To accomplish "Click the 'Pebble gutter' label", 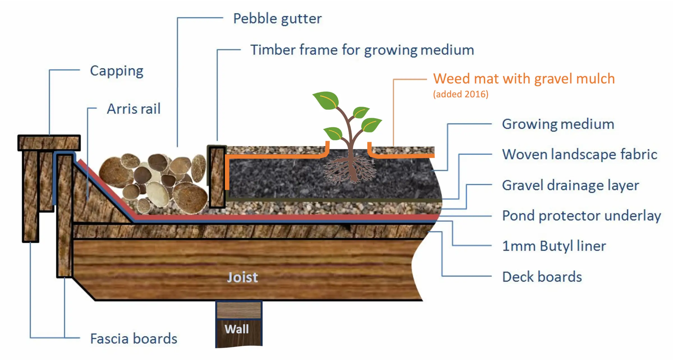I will pyautogui.click(x=277, y=19).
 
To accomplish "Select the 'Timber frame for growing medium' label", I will pyautogui.click(x=362, y=50).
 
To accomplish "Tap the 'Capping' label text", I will pyautogui.click(x=117, y=71).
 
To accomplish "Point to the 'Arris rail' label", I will pyautogui.click(x=134, y=109).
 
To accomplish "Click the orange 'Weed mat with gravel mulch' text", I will pyautogui.click(x=524, y=79).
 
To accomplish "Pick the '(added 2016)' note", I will pyautogui.click(x=461, y=94).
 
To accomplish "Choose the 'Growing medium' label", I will pyautogui.click(x=558, y=124).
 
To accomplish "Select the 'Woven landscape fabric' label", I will pyautogui.click(x=580, y=154).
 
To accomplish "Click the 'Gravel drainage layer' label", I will pyautogui.click(x=570, y=185).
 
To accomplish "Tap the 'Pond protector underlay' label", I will pyautogui.click(x=582, y=216).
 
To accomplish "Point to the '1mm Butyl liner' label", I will pyautogui.click(x=554, y=246).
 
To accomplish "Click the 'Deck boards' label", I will pyautogui.click(x=542, y=277).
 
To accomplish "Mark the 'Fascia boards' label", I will pyautogui.click(x=134, y=339).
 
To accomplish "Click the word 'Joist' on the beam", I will pyautogui.click(x=242, y=278).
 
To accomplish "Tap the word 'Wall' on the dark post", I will pyautogui.click(x=237, y=329).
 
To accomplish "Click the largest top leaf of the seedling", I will pyautogui.click(x=327, y=100).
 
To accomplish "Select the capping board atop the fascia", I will pyautogui.click(x=49, y=143).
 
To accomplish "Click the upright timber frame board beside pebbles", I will pyautogui.click(x=217, y=177).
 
